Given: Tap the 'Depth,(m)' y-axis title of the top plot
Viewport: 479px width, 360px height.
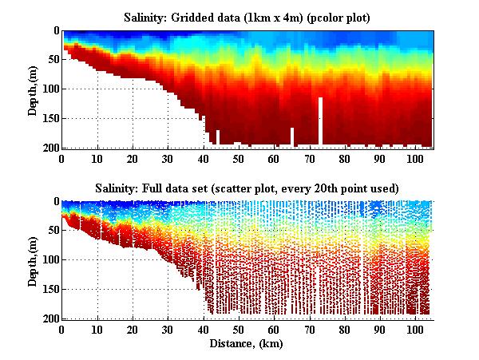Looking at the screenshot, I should pos(34,89).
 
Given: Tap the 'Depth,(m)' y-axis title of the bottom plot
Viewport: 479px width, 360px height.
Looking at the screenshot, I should pos(34,259).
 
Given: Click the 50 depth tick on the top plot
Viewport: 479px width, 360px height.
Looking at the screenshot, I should pos(51,60).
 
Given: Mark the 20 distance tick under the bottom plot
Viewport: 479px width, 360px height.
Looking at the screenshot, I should pos(133,329).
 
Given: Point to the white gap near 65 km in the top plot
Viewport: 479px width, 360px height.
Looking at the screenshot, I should pos(292,137).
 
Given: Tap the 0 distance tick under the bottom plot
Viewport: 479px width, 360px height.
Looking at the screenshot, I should pos(62,329).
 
